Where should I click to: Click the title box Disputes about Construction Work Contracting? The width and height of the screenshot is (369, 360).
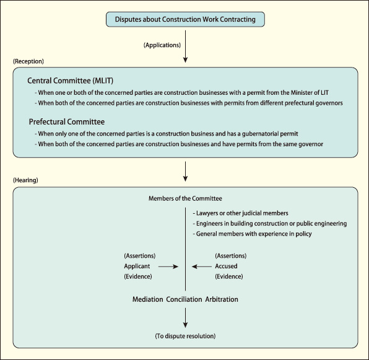click(x=185, y=19)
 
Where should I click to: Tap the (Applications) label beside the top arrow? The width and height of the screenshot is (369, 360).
click(x=162, y=45)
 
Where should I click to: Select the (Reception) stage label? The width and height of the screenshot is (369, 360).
click(x=28, y=61)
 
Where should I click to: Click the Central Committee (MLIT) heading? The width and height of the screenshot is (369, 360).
click(x=71, y=81)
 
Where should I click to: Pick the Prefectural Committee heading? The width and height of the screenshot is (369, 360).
click(x=67, y=121)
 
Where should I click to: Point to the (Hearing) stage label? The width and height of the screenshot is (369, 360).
click(x=25, y=180)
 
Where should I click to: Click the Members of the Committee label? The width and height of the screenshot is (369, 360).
click(x=185, y=198)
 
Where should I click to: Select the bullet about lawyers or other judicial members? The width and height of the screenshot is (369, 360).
click(x=240, y=213)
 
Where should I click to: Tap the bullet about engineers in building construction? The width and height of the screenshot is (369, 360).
click(x=270, y=224)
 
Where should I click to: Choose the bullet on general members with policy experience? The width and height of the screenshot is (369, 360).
click(x=252, y=234)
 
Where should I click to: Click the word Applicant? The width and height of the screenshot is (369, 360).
click(x=137, y=266)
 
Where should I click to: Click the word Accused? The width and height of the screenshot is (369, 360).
click(x=226, y=266)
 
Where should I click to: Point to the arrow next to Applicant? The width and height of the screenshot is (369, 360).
click(x=168, y=266)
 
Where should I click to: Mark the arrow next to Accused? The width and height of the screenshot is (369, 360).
click(x=202, y=266)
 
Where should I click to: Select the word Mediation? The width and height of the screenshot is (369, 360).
click(x=148, y=299)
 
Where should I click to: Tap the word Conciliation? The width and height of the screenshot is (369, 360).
click(x=184, y=299)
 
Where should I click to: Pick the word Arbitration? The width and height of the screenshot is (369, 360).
click(x=222, y=299)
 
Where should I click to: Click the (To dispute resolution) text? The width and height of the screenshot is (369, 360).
click(x=185, y=336)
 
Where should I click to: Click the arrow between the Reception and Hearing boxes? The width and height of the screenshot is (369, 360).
click(x=186, y=172)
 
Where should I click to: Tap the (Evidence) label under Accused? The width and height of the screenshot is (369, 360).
click(x=229, y=276)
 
